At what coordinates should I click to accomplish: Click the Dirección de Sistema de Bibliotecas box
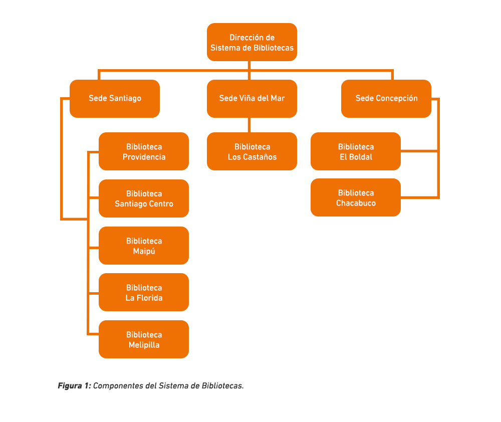(x=252, y=42)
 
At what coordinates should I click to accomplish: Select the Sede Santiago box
(x=115, y=98)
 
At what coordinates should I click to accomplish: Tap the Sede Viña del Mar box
(x=252, y=98)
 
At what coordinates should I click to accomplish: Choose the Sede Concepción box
(x=386, y=98)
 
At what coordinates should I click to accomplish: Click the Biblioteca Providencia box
(x=144, y=151)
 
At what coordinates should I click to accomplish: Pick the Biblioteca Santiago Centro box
(x=144, y=198)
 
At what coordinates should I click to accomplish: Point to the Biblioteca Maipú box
(x=144, y=246)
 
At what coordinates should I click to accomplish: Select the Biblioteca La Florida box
(x=144, y=292)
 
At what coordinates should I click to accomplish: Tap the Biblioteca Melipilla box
(x=144, y=339)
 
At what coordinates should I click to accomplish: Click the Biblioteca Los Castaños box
(x=252, y=151)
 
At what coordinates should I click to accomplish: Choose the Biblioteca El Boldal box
(x=356, y=151)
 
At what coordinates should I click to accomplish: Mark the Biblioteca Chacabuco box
(x=356, y=197)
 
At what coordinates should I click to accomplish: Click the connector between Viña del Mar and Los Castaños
(x=249, y=125)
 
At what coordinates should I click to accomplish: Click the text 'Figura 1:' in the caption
(x=74, y=386)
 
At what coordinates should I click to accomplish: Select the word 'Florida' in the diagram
(x=150, y=298)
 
